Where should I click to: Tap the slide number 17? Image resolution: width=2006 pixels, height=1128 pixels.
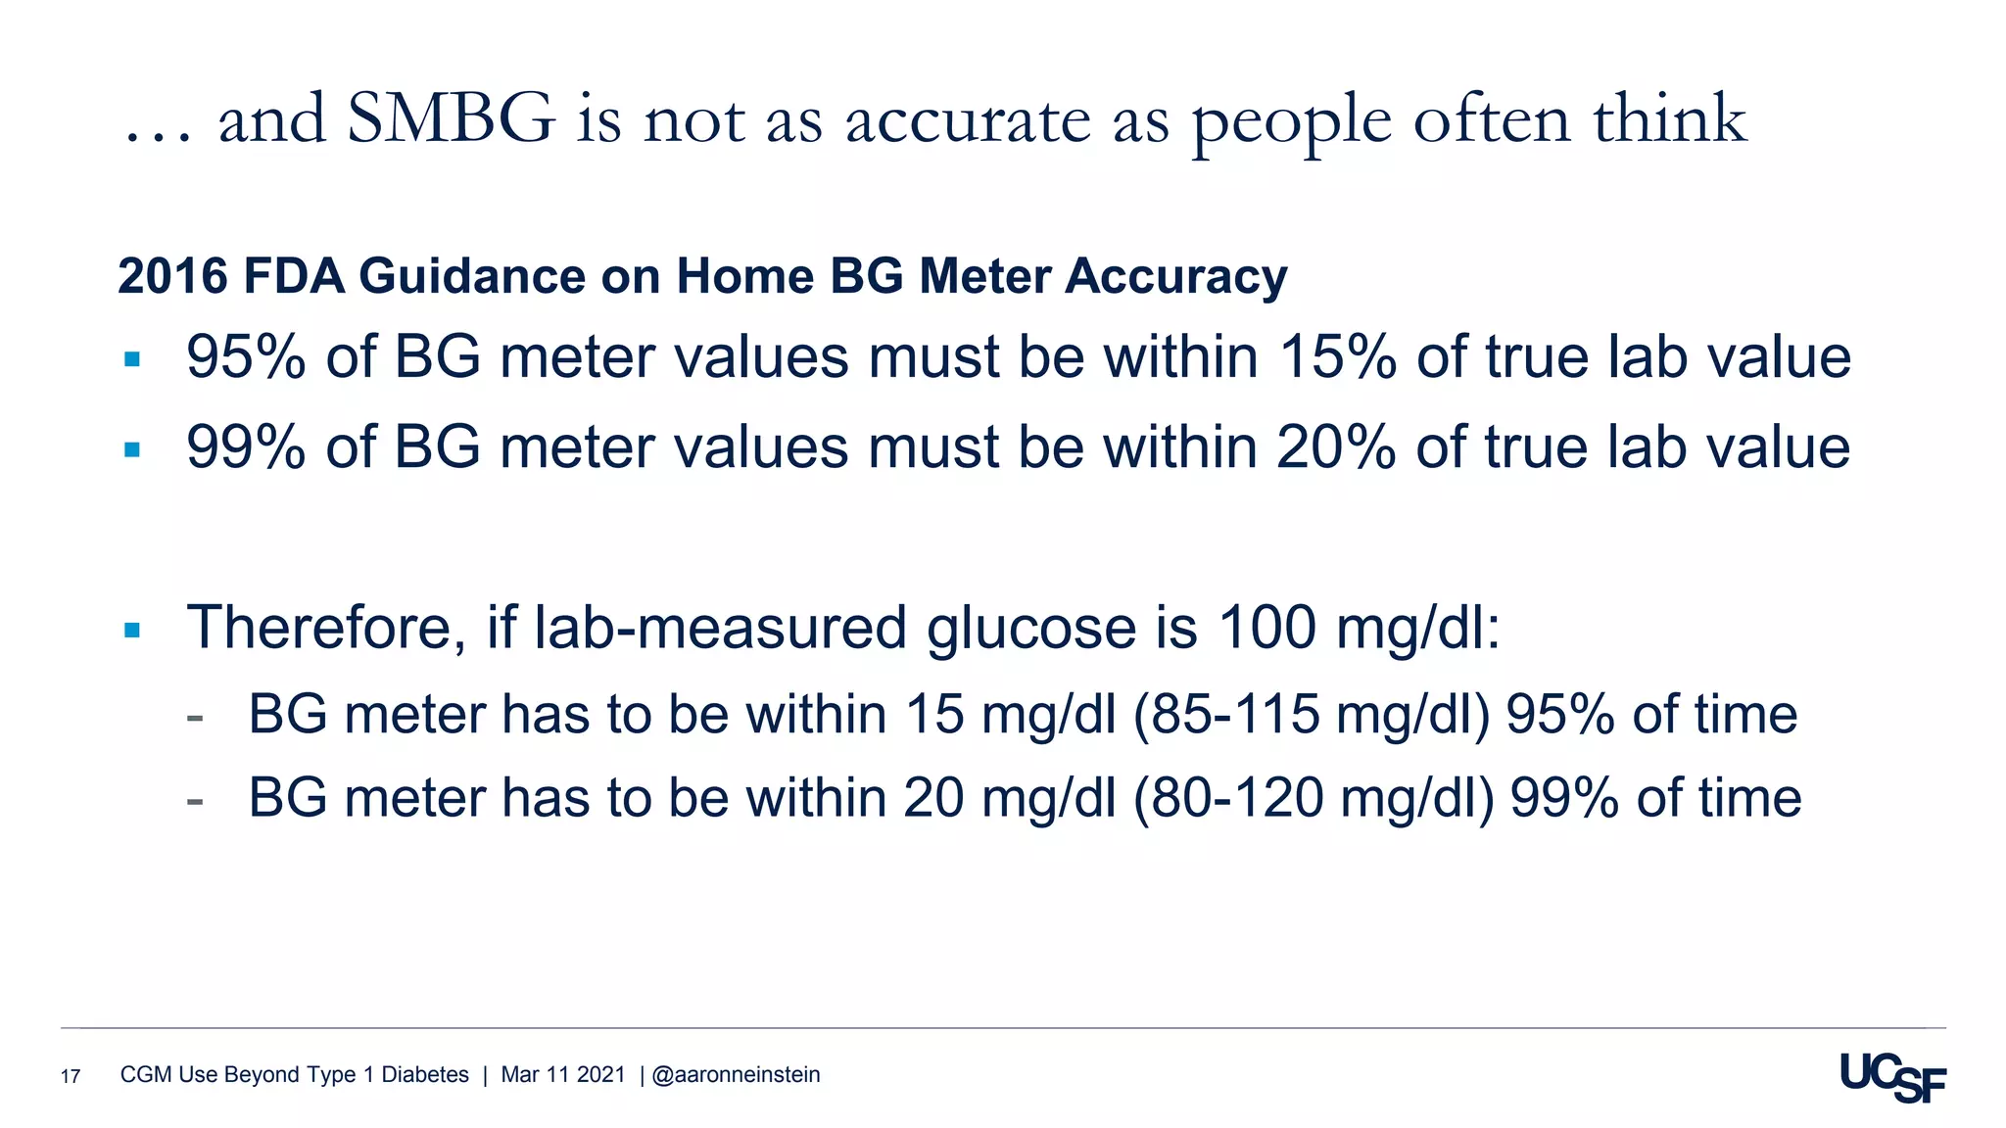[71, 1077]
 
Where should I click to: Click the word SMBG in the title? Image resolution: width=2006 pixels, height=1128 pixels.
[451, 120]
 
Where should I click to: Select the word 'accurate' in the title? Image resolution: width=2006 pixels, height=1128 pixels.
[968, 122]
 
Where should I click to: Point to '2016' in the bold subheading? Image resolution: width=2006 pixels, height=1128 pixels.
[172, 276]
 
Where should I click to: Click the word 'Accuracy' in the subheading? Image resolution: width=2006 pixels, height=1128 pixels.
[1175, 277]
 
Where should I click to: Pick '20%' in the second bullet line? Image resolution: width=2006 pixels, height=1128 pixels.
[1336, 447]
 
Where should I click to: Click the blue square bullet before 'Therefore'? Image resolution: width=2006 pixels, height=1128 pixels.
[132, 630]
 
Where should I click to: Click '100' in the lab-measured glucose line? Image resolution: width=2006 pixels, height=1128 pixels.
[1266, 628]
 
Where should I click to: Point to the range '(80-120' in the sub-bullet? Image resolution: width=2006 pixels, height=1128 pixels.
[1228, 798]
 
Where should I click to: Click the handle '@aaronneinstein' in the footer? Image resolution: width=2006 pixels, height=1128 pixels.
[736, 1075]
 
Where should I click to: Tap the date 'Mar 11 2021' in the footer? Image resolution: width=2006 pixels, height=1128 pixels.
[562, 1075]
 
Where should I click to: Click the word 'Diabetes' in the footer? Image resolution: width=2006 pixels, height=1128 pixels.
[425, 1075]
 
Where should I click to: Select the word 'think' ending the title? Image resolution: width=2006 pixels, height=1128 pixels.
[1669, 120]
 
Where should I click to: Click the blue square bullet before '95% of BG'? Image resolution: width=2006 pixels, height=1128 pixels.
[132, 359]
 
